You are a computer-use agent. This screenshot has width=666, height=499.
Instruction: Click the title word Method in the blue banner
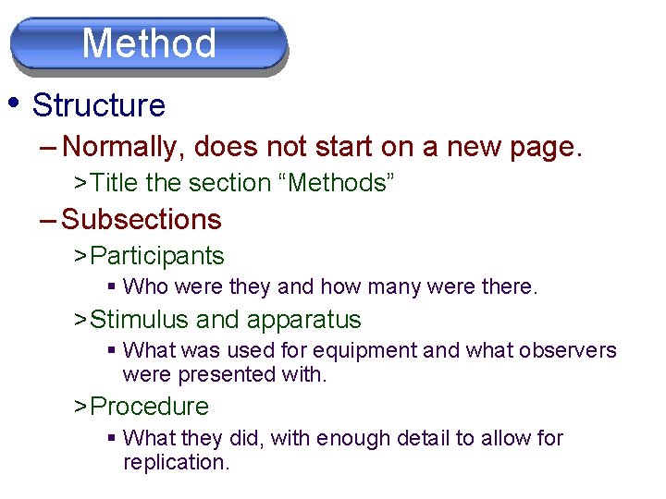coord(149,43)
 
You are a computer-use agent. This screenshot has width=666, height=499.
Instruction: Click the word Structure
coord(98,105)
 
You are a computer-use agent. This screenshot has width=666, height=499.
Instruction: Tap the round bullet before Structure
coord(14,100)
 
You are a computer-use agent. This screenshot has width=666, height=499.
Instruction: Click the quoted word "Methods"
coord(341,183)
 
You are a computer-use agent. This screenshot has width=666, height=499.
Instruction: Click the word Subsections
coord(142,219)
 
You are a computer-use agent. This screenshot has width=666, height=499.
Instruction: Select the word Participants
coord(157,255)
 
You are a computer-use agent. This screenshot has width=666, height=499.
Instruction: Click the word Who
coord(145,287)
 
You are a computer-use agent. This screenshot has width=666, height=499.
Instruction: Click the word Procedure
coord(150,406)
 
